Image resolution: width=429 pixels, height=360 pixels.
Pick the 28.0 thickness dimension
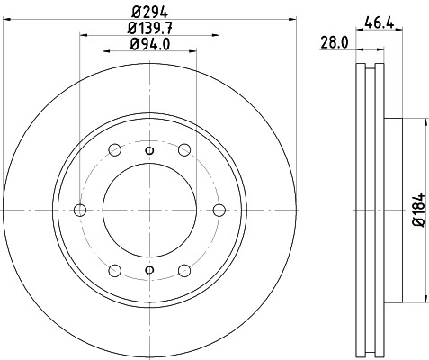point(335,41)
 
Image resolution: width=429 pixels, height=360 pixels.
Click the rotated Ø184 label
point(416,211)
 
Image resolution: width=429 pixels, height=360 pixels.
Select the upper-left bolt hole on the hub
point(114,151)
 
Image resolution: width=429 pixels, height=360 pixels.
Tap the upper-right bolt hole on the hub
point(184,151)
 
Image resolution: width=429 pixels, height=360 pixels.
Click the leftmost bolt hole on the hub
point(79,211)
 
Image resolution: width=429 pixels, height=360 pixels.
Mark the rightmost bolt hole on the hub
point(219,211)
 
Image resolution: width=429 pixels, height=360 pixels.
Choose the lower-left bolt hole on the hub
point(114,270)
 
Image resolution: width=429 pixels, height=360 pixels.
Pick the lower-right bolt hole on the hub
point(184,270)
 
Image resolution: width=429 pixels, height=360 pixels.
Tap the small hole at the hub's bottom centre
point(149,273)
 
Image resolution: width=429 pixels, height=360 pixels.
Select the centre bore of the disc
point(149,211)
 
